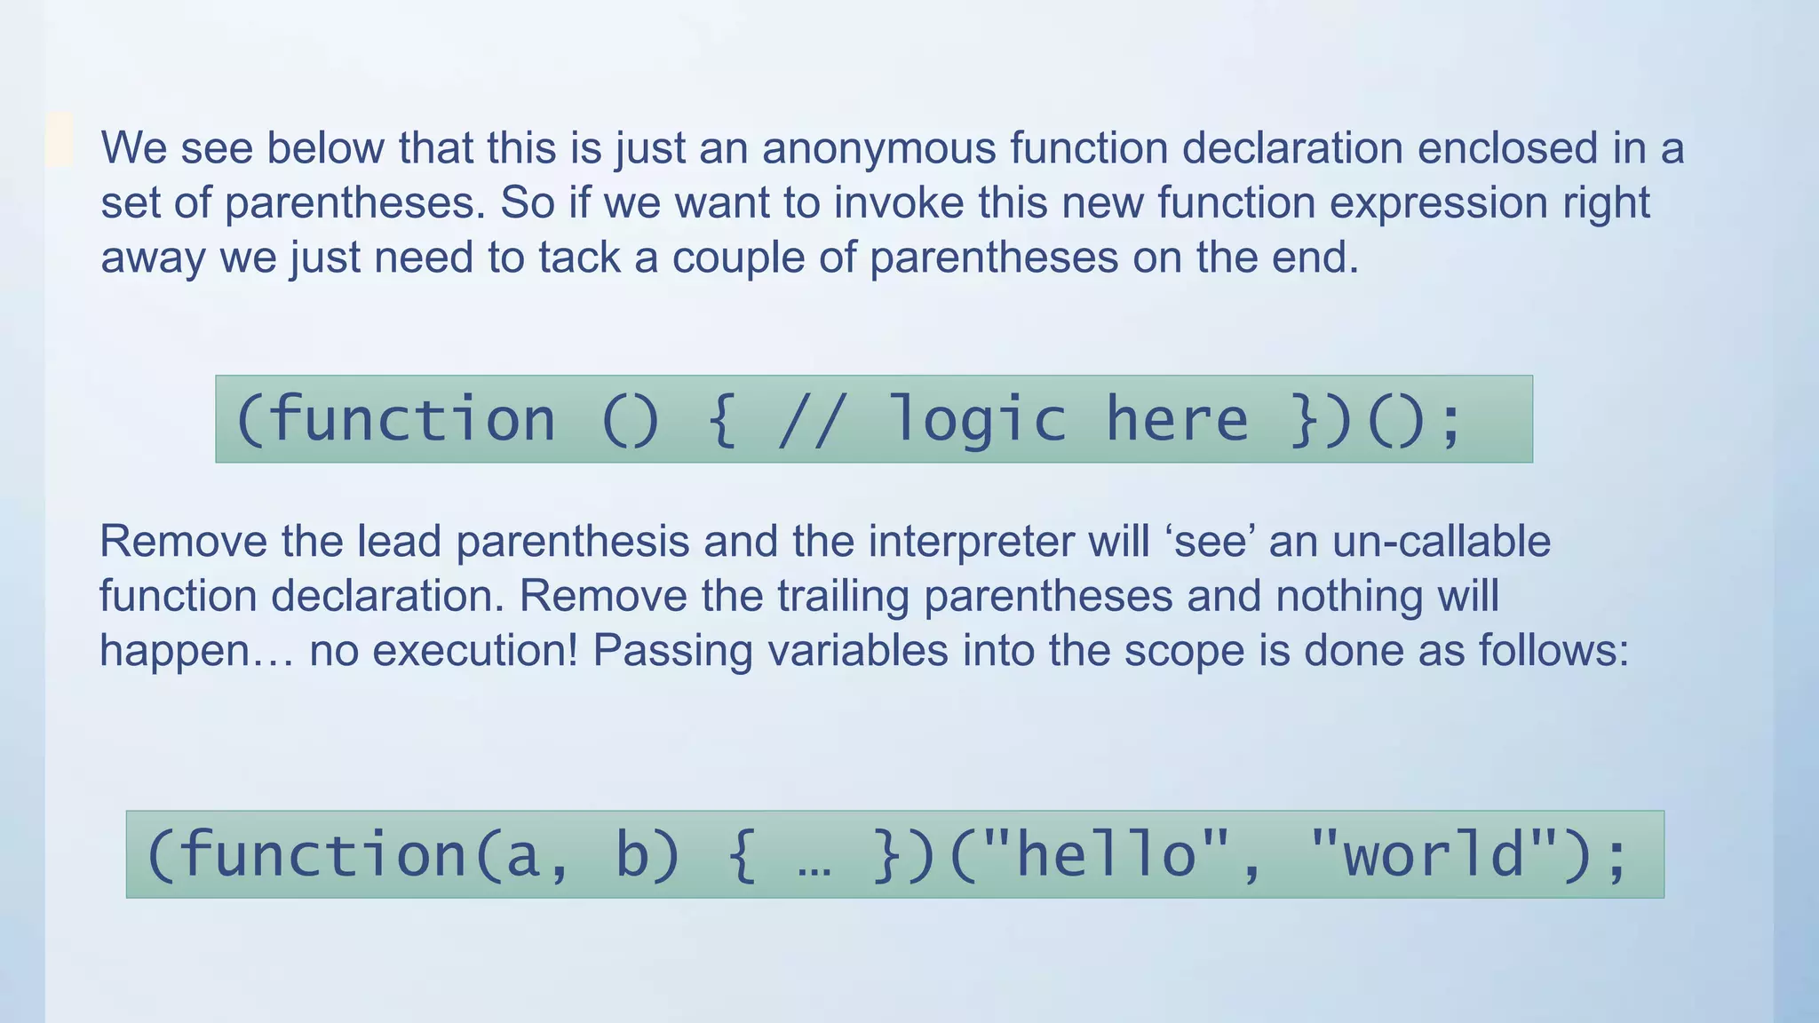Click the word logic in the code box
tap(977, 419)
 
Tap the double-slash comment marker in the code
tap(808, 419)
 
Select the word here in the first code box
tap(1177, 419)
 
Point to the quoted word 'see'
tap(1209, 541)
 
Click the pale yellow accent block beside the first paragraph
tap(59, 139)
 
